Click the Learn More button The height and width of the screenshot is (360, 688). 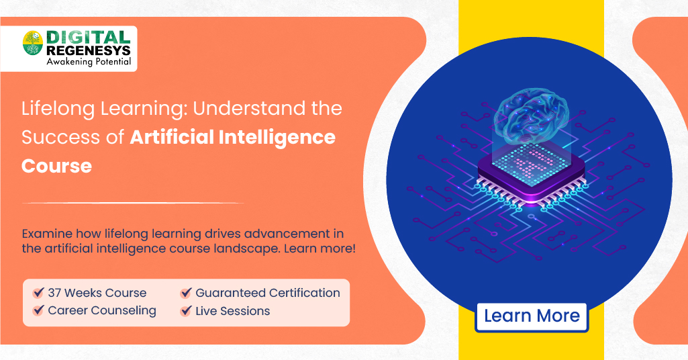[532, 316]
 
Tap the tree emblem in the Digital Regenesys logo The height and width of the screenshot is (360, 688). [33, 44]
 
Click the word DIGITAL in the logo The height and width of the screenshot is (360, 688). [88, 38]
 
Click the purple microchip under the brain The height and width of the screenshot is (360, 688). [530, 175]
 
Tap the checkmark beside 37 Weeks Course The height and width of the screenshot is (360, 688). [39, 293]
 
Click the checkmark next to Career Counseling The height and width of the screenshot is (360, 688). [39, 311]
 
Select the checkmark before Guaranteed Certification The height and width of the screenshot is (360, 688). [187, 293]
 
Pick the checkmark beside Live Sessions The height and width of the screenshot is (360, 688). [187, 311]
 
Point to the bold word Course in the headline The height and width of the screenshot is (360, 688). [56, 165]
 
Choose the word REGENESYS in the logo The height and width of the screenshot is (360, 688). [88, 51]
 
